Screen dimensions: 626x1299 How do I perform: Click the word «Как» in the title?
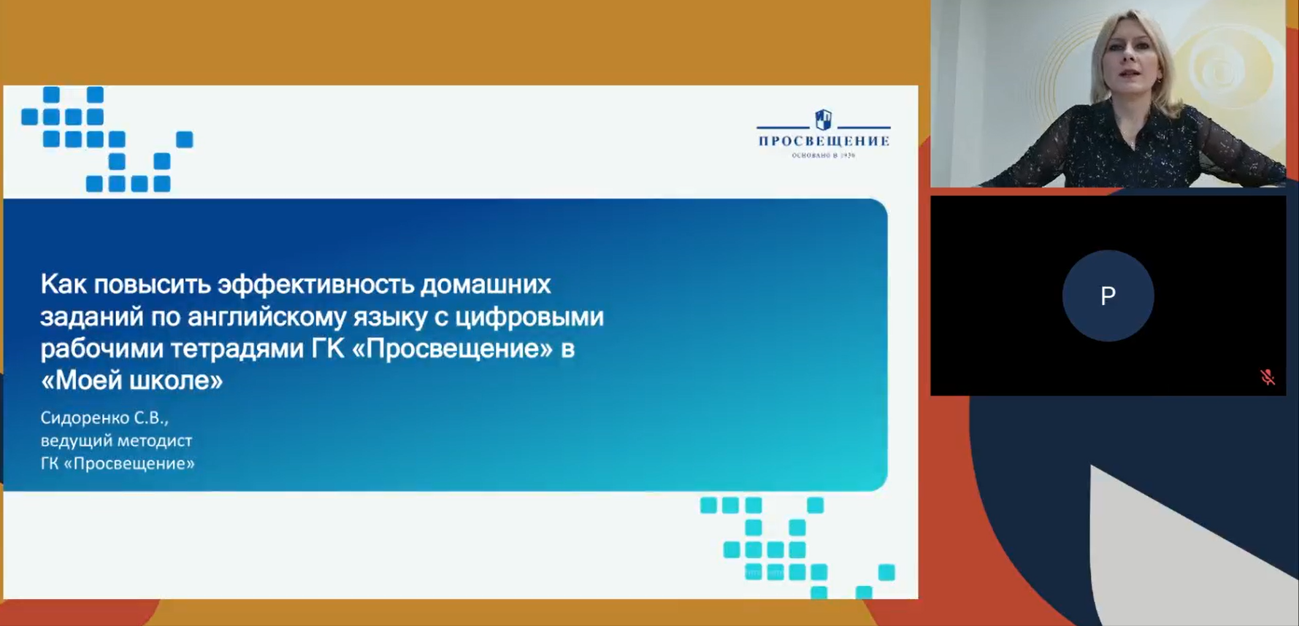(x=64, y=284)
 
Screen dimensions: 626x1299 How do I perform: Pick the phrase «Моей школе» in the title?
(x=132, y=380)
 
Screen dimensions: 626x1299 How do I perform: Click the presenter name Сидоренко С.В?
(x=104, y=418)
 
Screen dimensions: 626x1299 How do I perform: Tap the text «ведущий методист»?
(x=116, y=441)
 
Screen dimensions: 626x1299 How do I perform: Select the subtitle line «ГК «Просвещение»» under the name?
(x=118, y=463)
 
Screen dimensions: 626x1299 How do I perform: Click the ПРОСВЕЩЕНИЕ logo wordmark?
(x=824, y=141)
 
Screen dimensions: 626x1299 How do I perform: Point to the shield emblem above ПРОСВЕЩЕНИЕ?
(x=824, y=119)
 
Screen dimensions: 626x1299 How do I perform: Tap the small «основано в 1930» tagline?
(x=824, y=155)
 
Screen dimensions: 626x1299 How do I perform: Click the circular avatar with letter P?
(x=1108, y=295)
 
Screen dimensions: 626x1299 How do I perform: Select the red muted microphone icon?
(x=1268, y=377)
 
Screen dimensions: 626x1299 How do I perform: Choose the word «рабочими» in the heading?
(x=101, y=349)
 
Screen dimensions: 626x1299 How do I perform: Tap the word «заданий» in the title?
(x=91, y=317)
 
